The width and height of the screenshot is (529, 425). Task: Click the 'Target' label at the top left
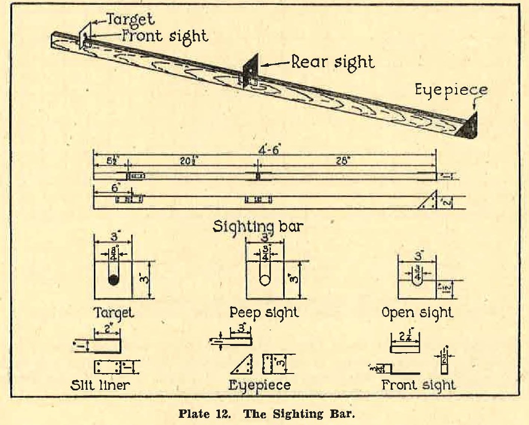pyautogui.click(x=132, y=20)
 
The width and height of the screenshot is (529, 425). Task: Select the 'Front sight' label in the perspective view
pyautogui.click(x=164, y=36)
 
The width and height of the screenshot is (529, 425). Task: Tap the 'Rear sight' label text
pyautogui.click(x=332, y=62)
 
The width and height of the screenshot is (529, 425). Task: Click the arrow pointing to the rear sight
pyautogui.click(x=276, y=64)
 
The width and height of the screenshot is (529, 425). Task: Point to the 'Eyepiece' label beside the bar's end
pyautogui.click(x=451, y=91)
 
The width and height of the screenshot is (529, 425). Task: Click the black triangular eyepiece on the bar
pyautogui.click(x=469, y=126)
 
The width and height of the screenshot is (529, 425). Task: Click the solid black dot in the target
pyautogui.click(x=113, y=280)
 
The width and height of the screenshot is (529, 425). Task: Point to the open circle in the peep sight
pyautogui.click(x=265, y=280)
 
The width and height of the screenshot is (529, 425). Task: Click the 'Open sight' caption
pyautogui.click(x=417, y=312)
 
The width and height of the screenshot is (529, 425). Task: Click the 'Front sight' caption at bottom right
pyautogui.click(x=418, y=384)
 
